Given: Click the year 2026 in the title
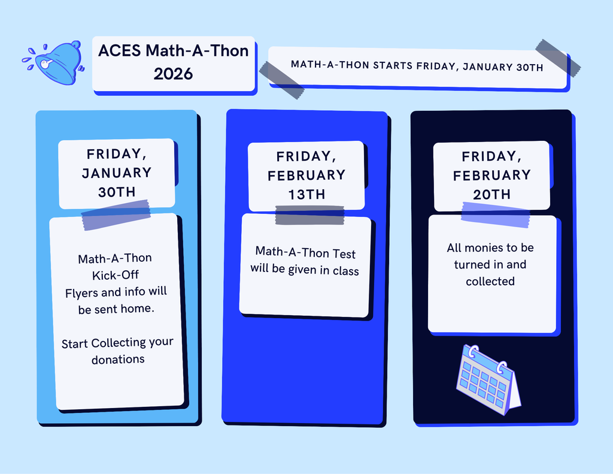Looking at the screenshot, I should click(x=173, y=74).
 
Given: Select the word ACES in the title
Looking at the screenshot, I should click(x=120, y=51).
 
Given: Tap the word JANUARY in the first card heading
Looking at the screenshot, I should click(x=117, y=173).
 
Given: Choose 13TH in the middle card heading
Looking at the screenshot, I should click(x=306, y=194).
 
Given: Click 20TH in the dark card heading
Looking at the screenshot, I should click(x=491, y=194).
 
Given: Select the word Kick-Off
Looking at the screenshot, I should click(x=114, y=275).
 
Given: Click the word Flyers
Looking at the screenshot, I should click(x=83, y=292).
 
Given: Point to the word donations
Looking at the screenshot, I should click(x=118, y=360).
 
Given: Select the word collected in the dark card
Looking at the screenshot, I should click(x=490, y=281).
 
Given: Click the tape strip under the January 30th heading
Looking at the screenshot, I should click(x=116, y=216).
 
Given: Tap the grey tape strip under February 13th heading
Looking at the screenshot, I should click(x=309, y=216).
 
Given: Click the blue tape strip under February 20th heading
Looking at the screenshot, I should click(x=495, y=215).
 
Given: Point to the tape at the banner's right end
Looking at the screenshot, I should click(x=557, y=58).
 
